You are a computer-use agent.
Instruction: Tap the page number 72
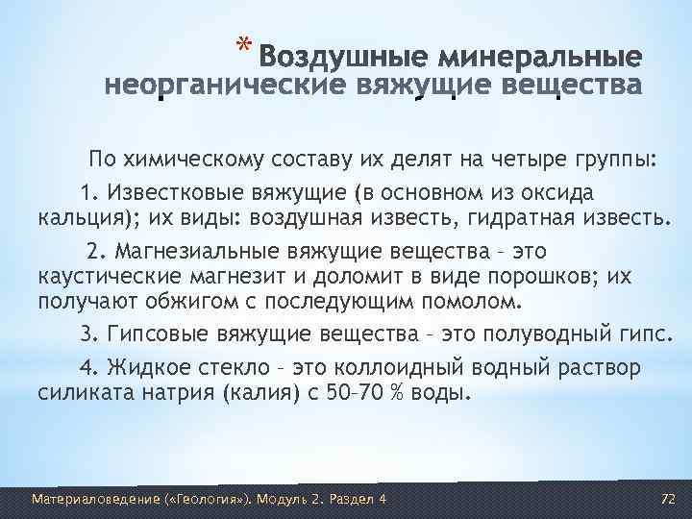[x=670, y=500]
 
